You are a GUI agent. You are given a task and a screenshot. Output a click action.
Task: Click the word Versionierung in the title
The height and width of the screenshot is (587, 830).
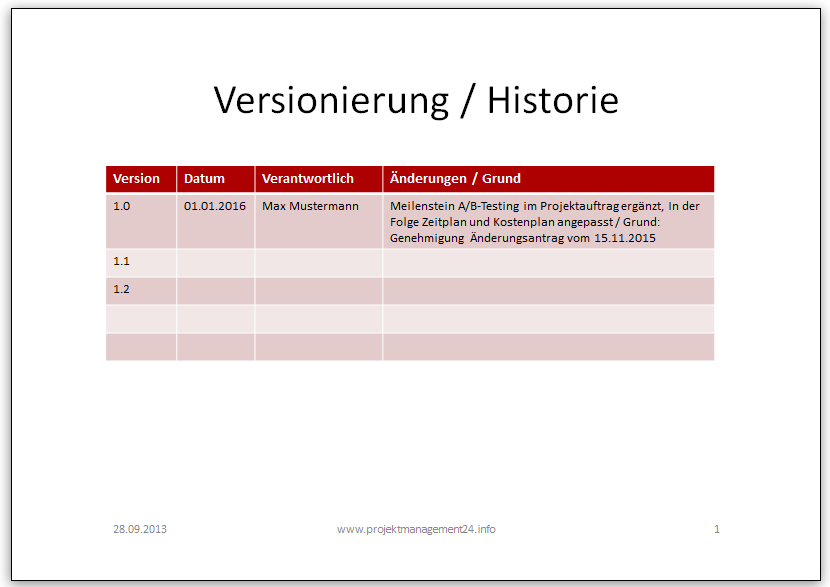[x=331, y=101]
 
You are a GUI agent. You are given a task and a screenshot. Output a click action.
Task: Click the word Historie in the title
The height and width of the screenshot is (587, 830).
[x=553, y=100]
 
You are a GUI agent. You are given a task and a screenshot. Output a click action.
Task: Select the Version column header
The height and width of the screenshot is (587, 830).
[x=136, y=178]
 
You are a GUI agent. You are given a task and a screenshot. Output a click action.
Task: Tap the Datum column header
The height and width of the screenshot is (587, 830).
[x=204, y=178]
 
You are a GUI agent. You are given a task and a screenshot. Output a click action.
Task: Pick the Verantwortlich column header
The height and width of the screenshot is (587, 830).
[x=308, y=178]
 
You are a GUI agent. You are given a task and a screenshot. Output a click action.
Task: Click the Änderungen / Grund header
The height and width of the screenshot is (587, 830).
[x=455, y=178]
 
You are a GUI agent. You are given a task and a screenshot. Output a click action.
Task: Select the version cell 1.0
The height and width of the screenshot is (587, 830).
[x=121, y=206]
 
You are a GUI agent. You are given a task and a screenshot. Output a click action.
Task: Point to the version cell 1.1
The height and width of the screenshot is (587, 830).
[x=121, y=261]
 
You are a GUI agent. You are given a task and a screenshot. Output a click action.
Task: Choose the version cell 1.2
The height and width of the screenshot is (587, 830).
[x=121, y=289]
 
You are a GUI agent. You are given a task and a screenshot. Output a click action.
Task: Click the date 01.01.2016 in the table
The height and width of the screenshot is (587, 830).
[x=215, y=206]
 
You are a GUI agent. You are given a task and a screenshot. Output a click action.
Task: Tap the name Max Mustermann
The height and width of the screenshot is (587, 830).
[x=310, y=206]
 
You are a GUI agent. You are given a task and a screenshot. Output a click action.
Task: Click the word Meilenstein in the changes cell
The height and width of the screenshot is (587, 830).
[x=422, y=206]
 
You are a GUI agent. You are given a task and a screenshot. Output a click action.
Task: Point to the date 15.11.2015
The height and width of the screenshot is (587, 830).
[x=625, y=238]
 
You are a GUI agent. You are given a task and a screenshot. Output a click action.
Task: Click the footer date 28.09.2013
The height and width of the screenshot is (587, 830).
[x=140, y=529]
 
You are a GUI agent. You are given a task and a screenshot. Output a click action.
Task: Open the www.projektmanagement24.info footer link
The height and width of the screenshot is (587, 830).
[x=416, y=529]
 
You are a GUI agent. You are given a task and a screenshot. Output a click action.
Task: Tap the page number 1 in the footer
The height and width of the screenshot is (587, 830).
[x=717, y=529]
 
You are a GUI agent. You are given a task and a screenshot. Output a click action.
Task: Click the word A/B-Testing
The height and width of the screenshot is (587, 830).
[x=489, y=206]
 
